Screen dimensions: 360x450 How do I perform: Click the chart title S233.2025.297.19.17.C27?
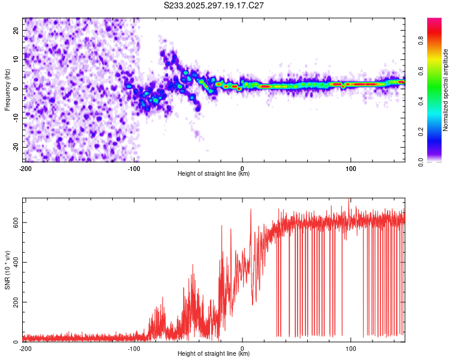click(x=214, y=5)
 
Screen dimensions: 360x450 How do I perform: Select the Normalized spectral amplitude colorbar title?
click(x=446, y=91)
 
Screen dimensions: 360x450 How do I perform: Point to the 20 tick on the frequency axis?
click(x=16, y=30)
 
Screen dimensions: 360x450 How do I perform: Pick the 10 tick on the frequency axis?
click(x=16, y=59)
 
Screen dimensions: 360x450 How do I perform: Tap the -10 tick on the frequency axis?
click(x=14, y=118)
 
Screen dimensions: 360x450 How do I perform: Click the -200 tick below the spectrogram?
click(x=25, y=168)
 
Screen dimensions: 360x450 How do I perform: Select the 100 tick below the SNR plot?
click(x=351, y=348)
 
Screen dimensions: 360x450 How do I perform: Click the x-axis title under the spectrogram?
click(x=214, y=173)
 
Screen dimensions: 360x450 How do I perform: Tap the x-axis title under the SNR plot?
click(x=214, y=353)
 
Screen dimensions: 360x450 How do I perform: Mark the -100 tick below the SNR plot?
click(x=134, y=348)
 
